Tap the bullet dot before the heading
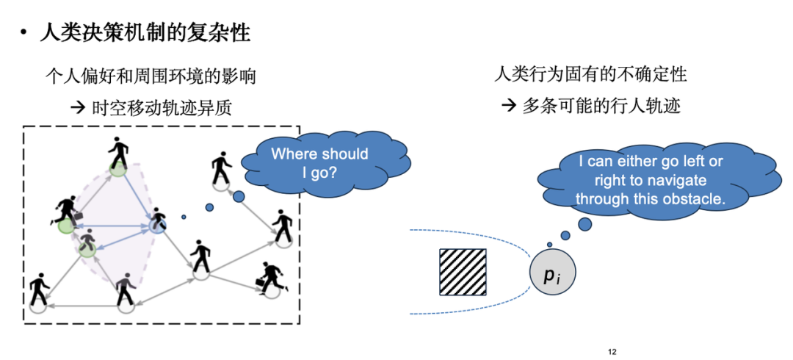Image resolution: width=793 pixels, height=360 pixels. (24, 34)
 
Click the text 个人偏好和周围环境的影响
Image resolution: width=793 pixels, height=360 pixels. (151, 76)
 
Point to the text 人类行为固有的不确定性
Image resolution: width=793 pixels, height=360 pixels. (591, 74)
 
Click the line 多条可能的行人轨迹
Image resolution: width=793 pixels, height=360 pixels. (601, 106)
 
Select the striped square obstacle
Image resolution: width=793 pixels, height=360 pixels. (463, 273)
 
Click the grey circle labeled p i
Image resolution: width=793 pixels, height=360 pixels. (551, 275)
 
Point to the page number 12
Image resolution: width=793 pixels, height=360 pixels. (612, 353)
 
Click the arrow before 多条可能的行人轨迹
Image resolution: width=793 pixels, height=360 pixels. (510, 106)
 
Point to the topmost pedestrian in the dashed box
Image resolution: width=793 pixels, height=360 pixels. (117, 153)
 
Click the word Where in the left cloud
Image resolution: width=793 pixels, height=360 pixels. (291, 154)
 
